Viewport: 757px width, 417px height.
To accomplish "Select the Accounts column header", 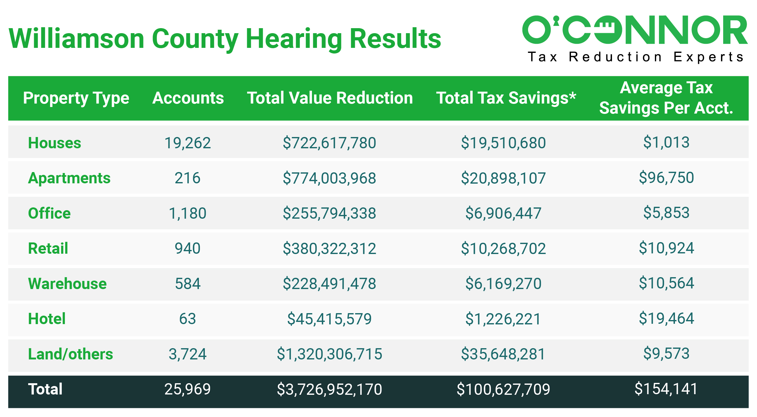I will click(x=188, y=98).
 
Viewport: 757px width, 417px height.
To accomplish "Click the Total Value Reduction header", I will click(x=330, y=98).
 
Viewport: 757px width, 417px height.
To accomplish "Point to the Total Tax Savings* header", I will click(x=506, y=98).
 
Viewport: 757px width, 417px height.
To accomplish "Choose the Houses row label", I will click(x=54, y=143).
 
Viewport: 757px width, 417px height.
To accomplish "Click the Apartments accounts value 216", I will click(x=187, y=178).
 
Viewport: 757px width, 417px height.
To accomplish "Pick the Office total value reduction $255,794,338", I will click(x=329, y=213).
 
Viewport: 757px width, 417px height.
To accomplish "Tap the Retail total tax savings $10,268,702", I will click(x=503, y=248).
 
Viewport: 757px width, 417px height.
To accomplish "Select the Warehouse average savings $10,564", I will click(x=666, y=283).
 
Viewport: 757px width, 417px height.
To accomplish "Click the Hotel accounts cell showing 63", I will click(x=187, y=319).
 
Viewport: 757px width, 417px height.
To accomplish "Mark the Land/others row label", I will click(x=70, y=354).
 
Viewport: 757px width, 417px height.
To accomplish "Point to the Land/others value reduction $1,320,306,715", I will click(x=329, y=354).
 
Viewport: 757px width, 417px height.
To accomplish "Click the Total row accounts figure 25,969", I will click(x=187, y=389).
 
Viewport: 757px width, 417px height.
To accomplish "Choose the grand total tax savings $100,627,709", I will click(x=503, y=389).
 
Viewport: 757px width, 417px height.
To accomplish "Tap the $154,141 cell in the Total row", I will click(x=666, y=389).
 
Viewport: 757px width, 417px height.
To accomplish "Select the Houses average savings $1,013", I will click(x=666, y=142).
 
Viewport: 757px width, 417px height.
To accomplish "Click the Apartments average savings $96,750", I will click(x=666, y=178).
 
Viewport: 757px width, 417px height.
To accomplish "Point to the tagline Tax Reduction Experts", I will click(x=636, y=57).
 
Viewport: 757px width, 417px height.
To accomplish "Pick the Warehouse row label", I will click(x=67, y=284).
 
